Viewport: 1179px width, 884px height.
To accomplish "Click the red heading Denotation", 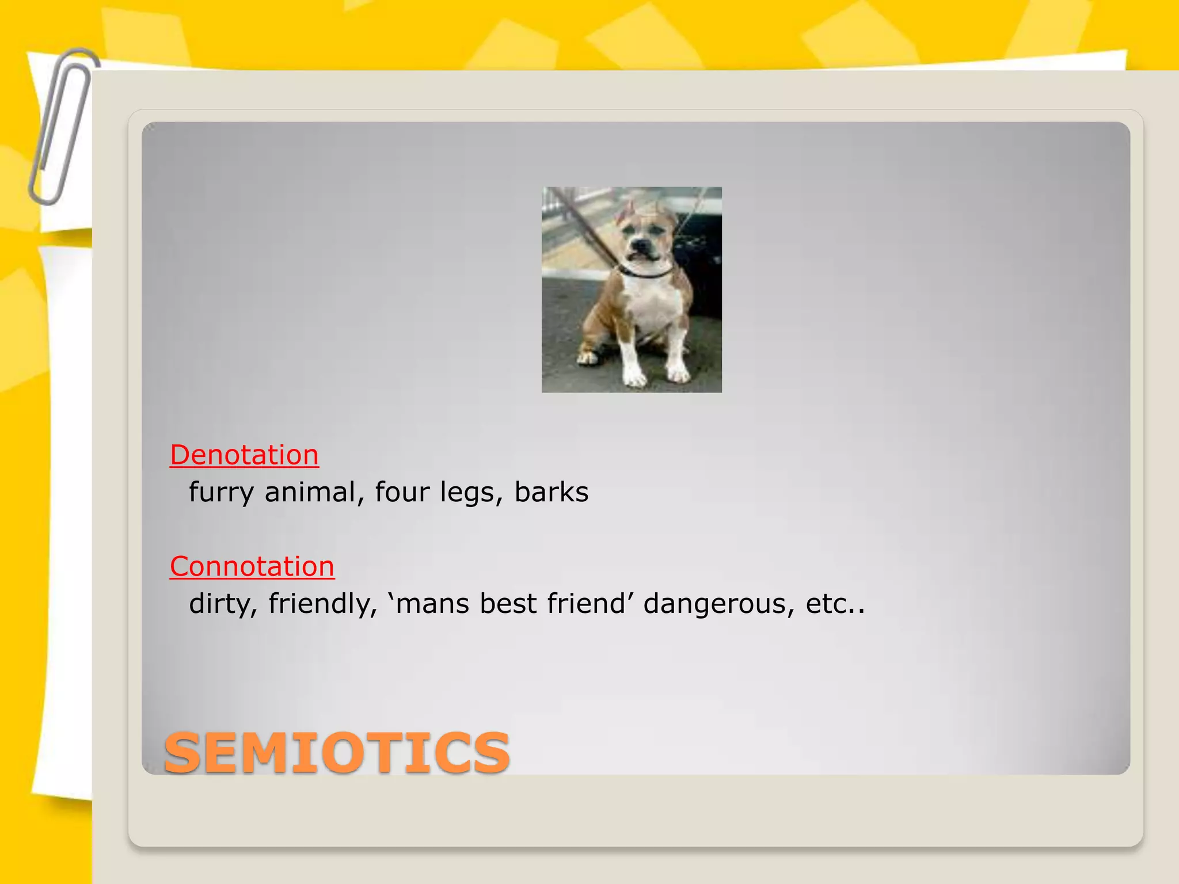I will click(x=244, y=455).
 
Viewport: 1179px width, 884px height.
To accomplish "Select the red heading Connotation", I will click(x=252, y=566).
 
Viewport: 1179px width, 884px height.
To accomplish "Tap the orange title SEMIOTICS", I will click(x=337, y=753).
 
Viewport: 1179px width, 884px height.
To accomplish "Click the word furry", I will click(x=221, y=493).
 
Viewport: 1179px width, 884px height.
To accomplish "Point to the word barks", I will click(x=551, y=493).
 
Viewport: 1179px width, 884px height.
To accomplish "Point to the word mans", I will click(x=432, y=604).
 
